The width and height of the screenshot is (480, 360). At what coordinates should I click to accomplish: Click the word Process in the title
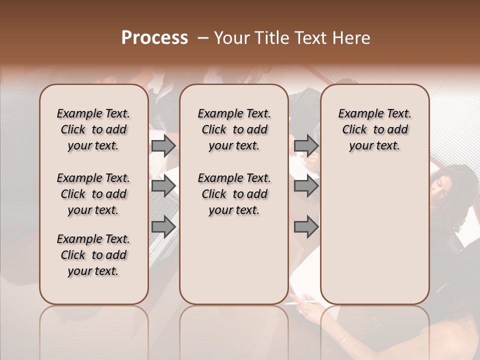coord(154,38)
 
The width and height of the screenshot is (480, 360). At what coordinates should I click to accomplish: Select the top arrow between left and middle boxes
coord(163,145)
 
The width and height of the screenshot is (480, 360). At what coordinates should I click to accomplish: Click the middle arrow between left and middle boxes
coord(163,186)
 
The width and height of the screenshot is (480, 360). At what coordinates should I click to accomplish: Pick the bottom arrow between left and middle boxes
coord(163,226)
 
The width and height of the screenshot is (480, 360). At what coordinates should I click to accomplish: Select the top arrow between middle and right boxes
coord(306,145)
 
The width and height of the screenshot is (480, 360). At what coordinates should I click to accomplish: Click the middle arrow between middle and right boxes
coord(306,186)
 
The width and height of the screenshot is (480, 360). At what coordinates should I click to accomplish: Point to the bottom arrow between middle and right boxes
coord(306,226)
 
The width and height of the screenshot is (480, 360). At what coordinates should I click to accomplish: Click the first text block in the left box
coord(93,129)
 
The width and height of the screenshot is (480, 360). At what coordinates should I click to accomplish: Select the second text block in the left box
coord(93,194)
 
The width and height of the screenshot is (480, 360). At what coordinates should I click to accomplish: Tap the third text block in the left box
coord(93,255)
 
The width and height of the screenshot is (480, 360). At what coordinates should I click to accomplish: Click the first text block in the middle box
coord(234,129)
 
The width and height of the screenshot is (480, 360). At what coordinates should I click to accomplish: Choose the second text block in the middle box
coord(234,194)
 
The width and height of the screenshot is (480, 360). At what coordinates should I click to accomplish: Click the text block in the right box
coord(375,129)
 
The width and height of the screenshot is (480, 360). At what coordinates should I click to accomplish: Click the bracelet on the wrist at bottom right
coord(343,337)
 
